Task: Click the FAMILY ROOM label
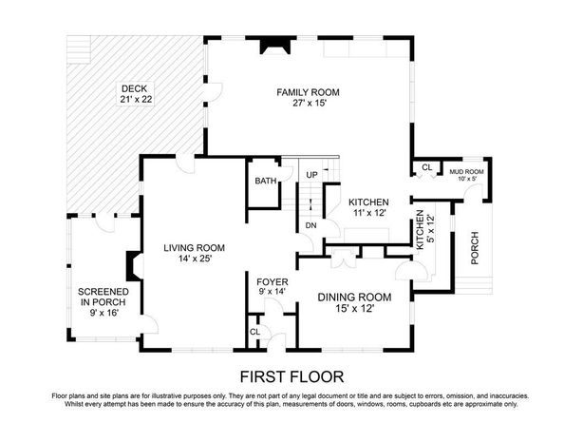(x=308, y=92)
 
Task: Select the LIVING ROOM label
(x=195, y=248)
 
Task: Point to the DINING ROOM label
(x=355, y=298)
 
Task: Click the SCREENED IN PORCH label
(x=103, y=297)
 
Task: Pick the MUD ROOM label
(x=466, y=172)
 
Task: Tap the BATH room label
(x=266, y=181)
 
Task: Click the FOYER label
(x=273, y=282)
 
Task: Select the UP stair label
(x=311, y=175)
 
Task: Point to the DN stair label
(x=311, y=225)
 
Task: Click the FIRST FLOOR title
(x=291, y=377)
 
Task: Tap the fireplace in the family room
(x=275, y=45)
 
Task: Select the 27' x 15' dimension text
(x=310, y=104)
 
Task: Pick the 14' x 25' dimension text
(x=195, y=259)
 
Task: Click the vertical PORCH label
(x=475, y=248)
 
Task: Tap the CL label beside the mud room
(x=427, y=167)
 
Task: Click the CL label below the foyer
(x=255, y=332)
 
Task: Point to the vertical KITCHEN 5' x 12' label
(x=425, y=230)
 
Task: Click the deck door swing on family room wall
(x=216, y=92)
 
